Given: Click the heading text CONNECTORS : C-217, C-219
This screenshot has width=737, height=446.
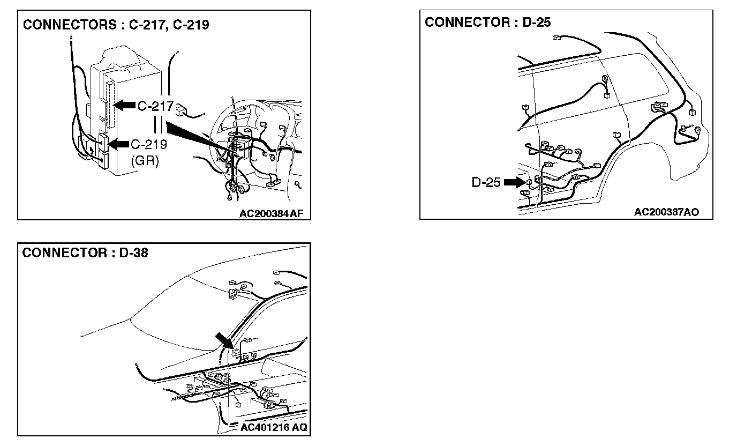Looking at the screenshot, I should click(115, 25).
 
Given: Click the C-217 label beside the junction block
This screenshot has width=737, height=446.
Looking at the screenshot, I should click(155, 106).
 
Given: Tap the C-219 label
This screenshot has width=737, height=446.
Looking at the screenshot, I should click(149, 144).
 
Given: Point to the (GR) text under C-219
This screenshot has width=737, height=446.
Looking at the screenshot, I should click(145, 161).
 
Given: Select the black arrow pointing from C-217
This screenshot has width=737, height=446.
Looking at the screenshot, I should click(125, 105).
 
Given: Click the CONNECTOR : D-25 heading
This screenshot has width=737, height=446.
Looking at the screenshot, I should click(487, 23).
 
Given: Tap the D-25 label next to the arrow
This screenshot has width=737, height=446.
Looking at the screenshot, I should click(486, 182).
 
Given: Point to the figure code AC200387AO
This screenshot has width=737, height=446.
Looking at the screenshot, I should click(666, 212).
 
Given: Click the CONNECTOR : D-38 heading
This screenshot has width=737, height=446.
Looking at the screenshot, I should click(85, 253).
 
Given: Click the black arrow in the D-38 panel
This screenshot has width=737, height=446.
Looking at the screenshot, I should click(223, 339).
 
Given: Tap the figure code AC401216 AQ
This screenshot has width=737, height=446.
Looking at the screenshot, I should click(274, 428).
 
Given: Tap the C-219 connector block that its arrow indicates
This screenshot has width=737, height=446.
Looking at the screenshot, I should click(103, 144).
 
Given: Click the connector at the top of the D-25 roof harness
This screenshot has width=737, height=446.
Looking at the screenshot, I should click(557, 38).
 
